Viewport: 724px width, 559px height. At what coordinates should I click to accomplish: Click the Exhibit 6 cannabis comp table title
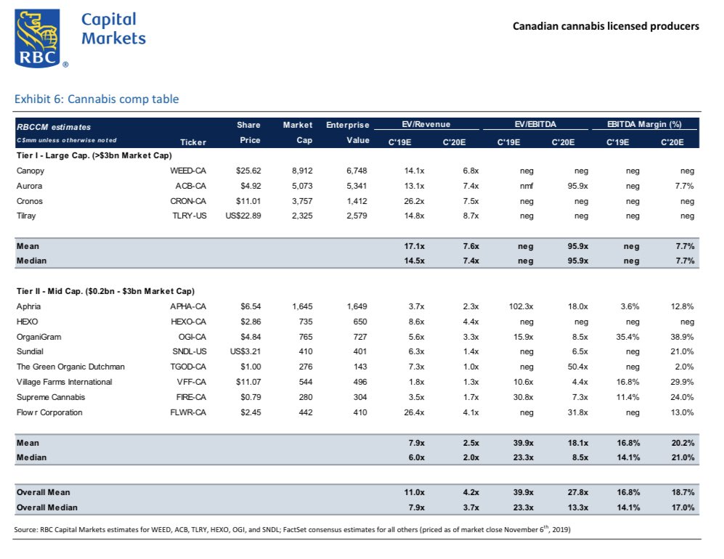click(97, 99)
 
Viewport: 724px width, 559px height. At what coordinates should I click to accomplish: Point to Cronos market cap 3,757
click(301, 200)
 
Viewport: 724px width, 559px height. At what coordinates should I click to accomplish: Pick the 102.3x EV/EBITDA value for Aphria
click(520, 306)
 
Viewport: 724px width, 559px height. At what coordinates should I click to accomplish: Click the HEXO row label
click(27, 322)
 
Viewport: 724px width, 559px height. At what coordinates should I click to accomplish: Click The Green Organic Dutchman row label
click(70, 367)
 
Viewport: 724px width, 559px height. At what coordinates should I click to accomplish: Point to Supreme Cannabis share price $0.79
click(250, 397)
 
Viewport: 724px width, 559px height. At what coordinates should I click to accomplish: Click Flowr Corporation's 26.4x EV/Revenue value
click(413, 412)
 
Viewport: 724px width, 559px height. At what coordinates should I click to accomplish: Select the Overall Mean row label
click(41, 492)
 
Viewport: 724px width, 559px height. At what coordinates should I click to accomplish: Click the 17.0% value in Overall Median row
click(682, 507)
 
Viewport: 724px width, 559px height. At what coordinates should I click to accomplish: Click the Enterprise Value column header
click(348, 132)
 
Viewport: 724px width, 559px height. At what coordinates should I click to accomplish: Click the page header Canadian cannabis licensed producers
click(606, 26)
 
